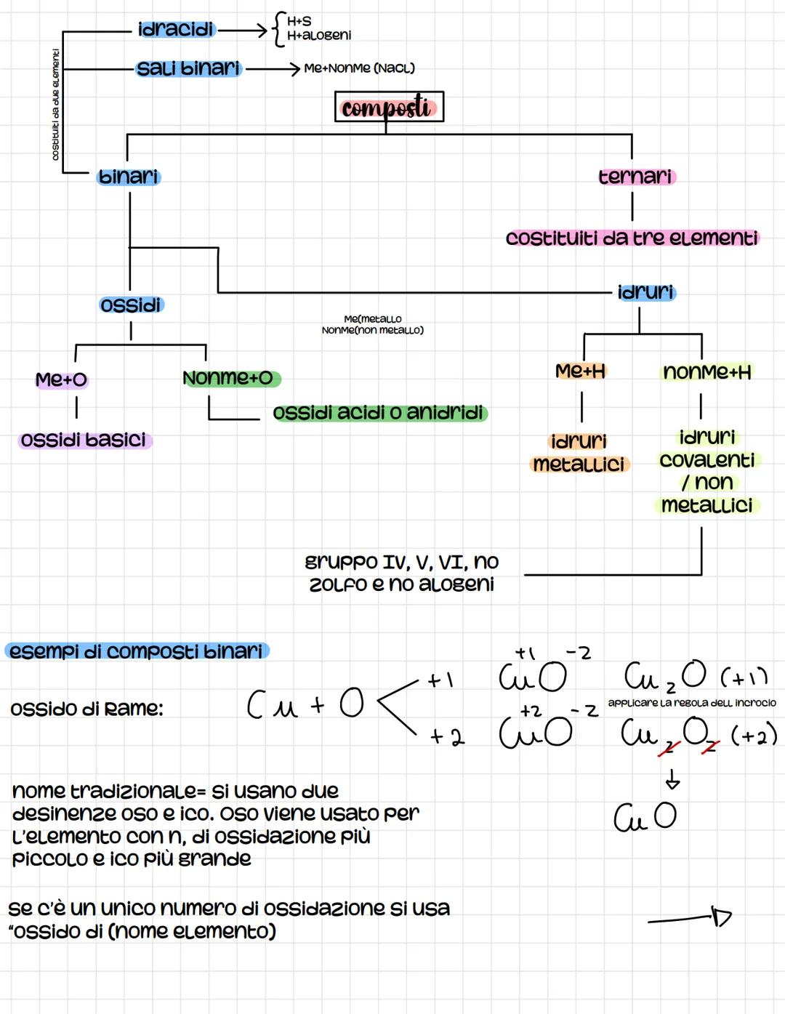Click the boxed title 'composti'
click(389, 107)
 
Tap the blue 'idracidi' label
click(177, 30)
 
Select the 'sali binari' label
click(188, 68)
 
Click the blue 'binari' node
click(129, 177)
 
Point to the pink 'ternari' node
click(636, 177)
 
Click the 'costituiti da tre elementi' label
click(632, 238)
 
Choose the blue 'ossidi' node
click(131, 305)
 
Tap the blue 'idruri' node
click(645, 292)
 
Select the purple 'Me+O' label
click(61, 379)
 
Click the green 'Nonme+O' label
click(229, 378)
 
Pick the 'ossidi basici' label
click(84, 440)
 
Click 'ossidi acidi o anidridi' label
click(379, 413)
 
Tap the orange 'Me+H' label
click(580, 371)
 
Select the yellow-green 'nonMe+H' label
click(706, 372)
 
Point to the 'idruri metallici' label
click(579, 453)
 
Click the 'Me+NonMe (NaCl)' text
click(359, 68)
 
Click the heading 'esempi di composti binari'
click(136, 651)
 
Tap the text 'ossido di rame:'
click(86, 708)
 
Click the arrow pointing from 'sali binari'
click(273, 69)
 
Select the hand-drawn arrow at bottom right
click(690, 918)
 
